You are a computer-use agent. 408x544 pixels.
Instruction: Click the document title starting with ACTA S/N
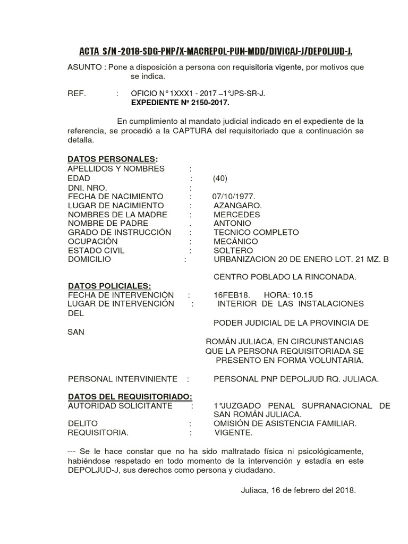[216, 51]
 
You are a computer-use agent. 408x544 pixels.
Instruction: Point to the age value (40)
[220, 178]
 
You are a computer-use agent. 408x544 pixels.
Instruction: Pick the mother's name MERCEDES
[236, 215]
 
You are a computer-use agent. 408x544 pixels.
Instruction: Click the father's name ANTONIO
[232, 224]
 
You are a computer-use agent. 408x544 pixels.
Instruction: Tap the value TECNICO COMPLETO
[256, 233]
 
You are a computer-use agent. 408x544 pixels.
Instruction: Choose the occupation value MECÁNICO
[235, 242]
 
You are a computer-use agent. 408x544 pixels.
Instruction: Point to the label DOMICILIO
[89, 260]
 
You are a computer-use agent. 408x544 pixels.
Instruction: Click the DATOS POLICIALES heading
[109, 286]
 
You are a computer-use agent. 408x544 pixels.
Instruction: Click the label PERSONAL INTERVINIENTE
[123, 379]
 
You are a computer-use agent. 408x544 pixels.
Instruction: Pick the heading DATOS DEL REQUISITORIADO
[130, 397]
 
